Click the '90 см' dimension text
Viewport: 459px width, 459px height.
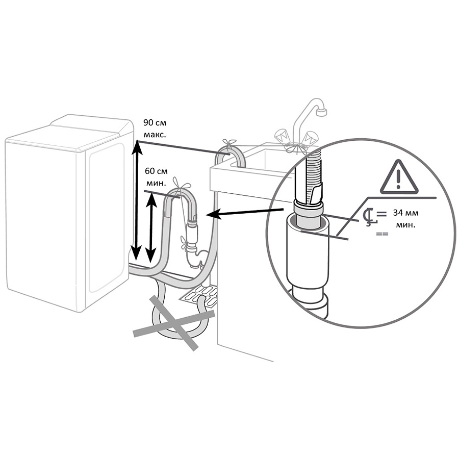155,122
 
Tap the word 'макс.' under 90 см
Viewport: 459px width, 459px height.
155,135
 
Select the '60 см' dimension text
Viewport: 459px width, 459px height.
157,171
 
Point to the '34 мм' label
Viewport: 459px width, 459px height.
405,213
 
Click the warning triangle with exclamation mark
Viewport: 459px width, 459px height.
398,177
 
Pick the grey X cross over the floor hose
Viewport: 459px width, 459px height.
174,322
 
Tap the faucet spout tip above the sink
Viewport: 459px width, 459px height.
321,112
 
